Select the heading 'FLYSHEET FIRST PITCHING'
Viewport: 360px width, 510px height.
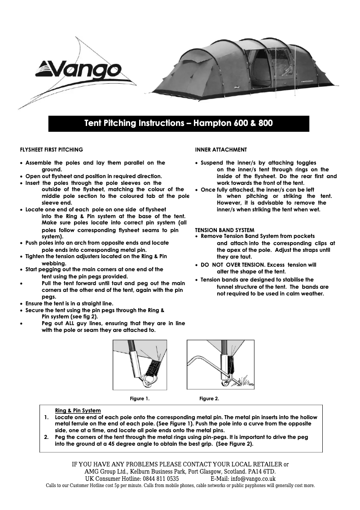(x=52, y=149)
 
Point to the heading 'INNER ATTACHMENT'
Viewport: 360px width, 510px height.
(x=221, y=149)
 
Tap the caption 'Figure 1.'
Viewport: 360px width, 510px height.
(x=140, y=398)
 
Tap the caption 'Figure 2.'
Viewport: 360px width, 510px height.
(x=209, y=398)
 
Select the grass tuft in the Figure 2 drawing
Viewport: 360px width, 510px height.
(x=242, y=379)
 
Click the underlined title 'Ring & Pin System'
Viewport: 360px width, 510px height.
(x=78, y=411)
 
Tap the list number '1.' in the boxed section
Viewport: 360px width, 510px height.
(x=47, y=417)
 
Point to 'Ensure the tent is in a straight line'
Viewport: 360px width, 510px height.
(x=70, y=304)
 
